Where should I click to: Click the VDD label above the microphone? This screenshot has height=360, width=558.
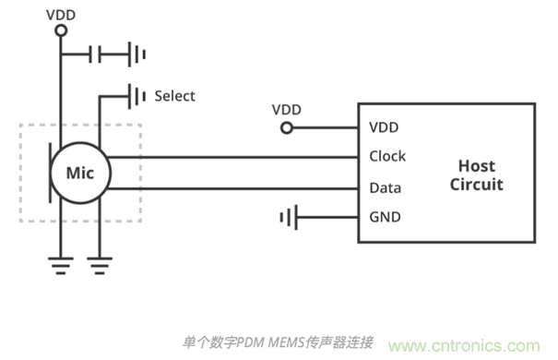[x=61, y=13]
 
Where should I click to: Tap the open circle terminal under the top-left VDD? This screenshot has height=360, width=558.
[x=61, y=30]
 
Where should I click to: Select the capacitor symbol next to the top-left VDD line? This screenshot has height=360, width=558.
[x=96, y=55]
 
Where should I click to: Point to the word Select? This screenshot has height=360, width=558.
[x=174, y=95]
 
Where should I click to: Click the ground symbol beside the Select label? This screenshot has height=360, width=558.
[x=137, y=95]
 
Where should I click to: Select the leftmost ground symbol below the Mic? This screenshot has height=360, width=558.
[x=61, y=266]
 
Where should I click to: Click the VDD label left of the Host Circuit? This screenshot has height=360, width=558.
[x=286, y=109]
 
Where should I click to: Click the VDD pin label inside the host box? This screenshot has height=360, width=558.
[x=384, y=127]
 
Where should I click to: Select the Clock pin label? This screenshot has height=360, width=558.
[x=387, y=156]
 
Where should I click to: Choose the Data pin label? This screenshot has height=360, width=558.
[x=385, y=187]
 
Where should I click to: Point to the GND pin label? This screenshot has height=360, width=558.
[x=384, y=218]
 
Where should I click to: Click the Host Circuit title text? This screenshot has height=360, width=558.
[x=476, y=174]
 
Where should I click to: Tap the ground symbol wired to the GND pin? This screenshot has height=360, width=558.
[x=289, y=218]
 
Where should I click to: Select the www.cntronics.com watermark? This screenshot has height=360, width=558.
[x=470, y=346]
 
